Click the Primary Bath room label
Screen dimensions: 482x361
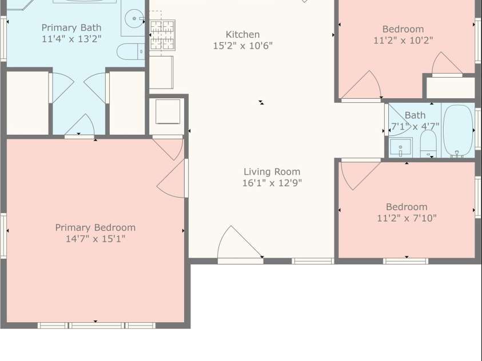pos(71,27)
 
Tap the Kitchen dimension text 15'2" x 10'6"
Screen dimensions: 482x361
pos(243,46)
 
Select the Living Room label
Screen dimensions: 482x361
pos(272,172)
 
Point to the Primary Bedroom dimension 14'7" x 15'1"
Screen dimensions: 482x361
pos(95,239)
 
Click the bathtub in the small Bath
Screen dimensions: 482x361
pos(458,131)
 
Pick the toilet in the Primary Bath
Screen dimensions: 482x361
pos(131,52)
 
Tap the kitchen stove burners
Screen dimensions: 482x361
pos(162,35)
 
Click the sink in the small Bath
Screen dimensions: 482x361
pos(401,147)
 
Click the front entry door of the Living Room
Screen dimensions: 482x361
pos(240,244)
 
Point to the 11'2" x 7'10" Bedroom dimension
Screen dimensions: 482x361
pos(407,218)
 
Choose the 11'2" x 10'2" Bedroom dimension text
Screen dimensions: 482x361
pos(403,40)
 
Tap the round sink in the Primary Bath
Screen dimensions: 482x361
pos(134,18)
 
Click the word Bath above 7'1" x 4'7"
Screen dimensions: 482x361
pos(415,115)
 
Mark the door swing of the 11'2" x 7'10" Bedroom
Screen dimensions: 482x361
pos(360,174)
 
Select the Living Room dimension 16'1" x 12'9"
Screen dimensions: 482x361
pos(272,183)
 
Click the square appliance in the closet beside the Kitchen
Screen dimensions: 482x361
pos(168,111)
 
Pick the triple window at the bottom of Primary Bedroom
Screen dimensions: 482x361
pos(97,326)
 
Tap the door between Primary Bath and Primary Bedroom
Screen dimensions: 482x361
pos(79,126)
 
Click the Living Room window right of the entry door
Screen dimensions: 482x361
pos(313,261)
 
